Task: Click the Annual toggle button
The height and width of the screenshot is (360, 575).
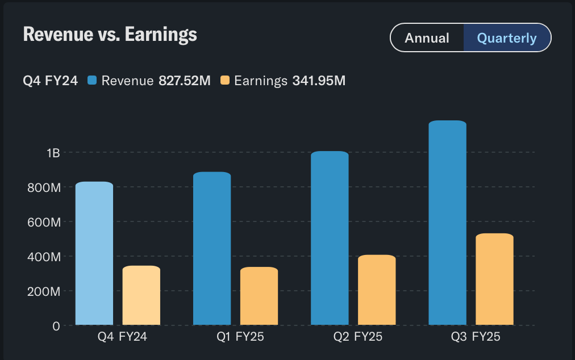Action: pyautogui.click(x=427, y=38)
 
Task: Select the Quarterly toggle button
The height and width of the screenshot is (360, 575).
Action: pyautogui.click(x=507, y=38)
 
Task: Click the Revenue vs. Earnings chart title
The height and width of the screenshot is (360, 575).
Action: pyautogui.click(x=110, y=35)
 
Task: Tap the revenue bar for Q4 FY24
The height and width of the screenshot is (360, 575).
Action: pyautogui.click(x=94, y=254)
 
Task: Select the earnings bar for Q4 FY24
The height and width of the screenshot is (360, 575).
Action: pyautogui.click(x=141, y=296)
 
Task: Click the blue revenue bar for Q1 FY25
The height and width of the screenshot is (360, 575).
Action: pyautogui.click(x=212, y=249)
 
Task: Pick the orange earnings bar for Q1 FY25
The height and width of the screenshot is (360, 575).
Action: pyautogui.click(x=259, y=296)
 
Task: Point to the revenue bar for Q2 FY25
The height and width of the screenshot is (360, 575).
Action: pyautogui.click(x=330, y=238)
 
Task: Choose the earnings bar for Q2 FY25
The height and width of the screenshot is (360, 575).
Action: pyautogui.click(x=377, y=290)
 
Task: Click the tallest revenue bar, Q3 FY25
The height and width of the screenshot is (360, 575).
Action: pyautogui.click(x=447, y=223)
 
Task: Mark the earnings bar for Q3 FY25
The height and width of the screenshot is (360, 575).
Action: pyautogui.click(x=494, y=279)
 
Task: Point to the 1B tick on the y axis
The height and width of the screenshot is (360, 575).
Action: pyautogui.click(x=53, y=153)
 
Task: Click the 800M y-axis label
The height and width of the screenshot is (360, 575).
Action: pyautogui.click(x=44, y=187)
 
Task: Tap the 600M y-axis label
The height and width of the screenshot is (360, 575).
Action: pyautogui.click(x=44, y=222)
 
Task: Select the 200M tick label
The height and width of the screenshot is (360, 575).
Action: pyautogui.click(x=44, y=291)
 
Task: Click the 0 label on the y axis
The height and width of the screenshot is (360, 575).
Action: pyautogui.click(x=56, y=326)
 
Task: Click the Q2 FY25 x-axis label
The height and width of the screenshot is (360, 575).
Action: pyautogui.click(x=358, y=337)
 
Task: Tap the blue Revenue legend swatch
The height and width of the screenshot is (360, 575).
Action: pyautogui.click(x=92, y=81)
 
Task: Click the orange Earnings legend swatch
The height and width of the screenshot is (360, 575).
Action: pyautogui.click(x=224, y=81)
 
